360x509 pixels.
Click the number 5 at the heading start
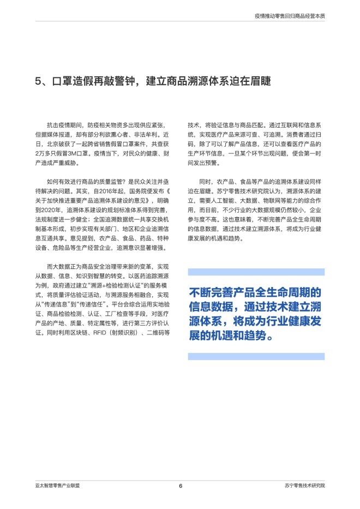pos(38,81)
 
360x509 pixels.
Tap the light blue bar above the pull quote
pos(256,272)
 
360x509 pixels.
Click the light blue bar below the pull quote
pos(256,356)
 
